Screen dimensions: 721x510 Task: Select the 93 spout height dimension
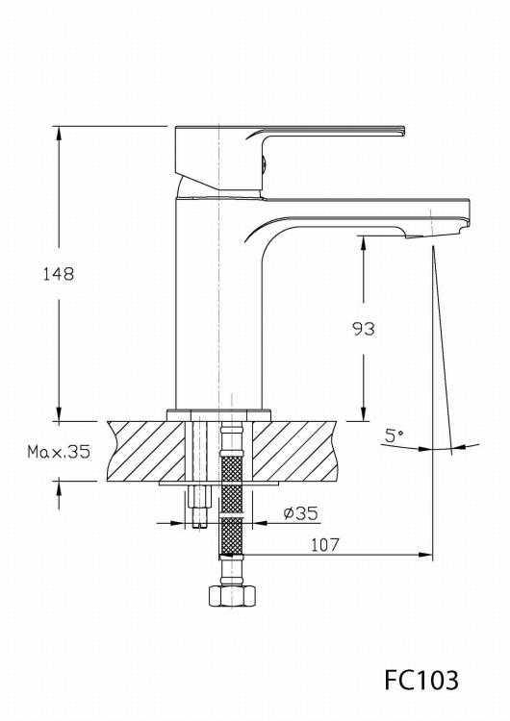363,329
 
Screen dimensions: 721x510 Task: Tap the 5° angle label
394,435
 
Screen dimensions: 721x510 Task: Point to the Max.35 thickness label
59,451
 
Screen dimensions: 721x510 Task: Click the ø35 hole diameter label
300,513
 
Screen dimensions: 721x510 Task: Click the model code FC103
421,680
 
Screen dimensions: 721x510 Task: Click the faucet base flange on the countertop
219,414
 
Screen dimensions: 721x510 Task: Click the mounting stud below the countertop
199,505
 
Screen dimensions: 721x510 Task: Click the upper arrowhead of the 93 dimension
364,242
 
